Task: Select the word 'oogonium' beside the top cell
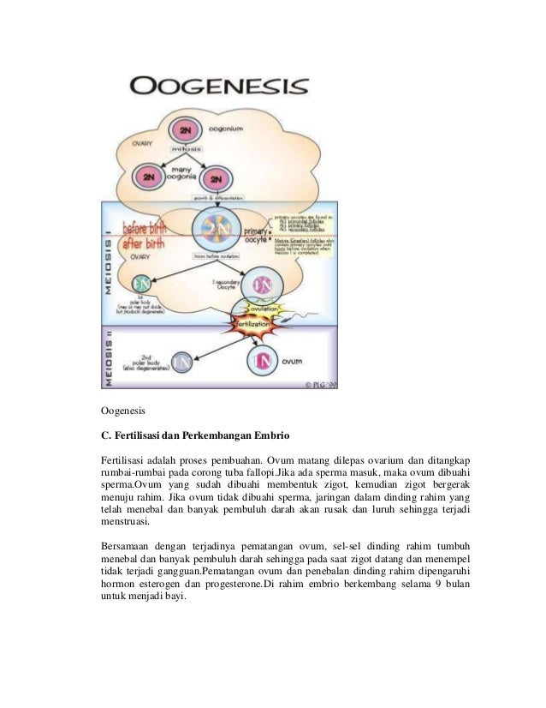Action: [226, 128]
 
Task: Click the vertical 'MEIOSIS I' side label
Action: [109, 265]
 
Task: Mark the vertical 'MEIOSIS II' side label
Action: [109, 359]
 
